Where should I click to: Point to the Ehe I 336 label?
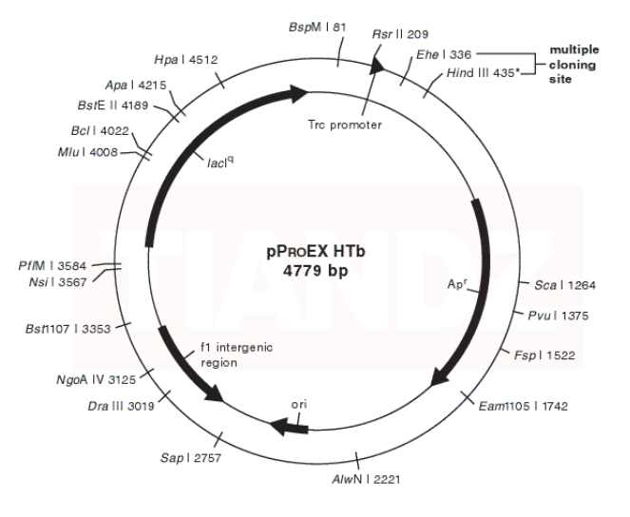(x=442, y=55)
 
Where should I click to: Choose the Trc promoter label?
(x=345, y=124)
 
